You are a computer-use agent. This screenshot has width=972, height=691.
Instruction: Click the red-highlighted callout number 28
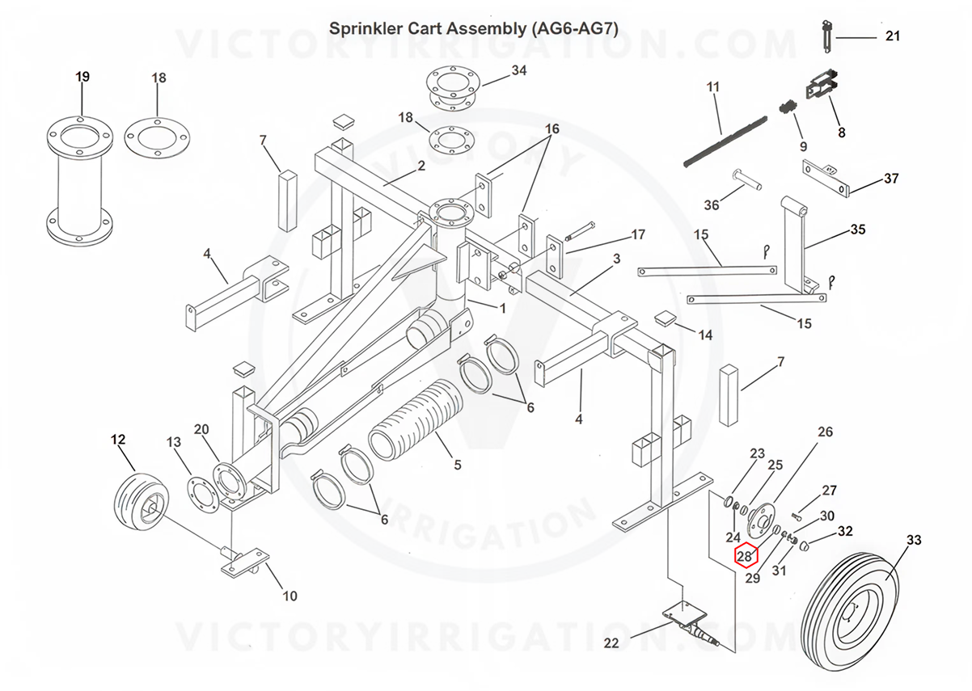click(x=745, y=556)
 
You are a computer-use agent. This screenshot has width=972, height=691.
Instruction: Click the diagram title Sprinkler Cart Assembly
click(x=473, y=28)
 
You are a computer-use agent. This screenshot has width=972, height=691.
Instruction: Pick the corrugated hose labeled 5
click(x=412, y=428)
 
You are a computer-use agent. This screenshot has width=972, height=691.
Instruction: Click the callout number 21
click(x=893, y=36)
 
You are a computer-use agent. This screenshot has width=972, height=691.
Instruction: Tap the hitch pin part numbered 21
click(x=826, y=36)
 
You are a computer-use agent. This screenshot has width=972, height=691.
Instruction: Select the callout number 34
click(x=518, y=70)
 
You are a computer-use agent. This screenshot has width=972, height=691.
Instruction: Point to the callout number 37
click(x=890, y=179)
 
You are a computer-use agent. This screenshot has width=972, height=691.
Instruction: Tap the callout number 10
click(x=289, y=596)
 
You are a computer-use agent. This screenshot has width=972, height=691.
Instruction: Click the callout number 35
click(x=858, y=230)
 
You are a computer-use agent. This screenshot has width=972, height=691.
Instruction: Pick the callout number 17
click(x=638, y=235)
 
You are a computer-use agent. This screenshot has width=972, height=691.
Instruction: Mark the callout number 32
click(x=845, y=531)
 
